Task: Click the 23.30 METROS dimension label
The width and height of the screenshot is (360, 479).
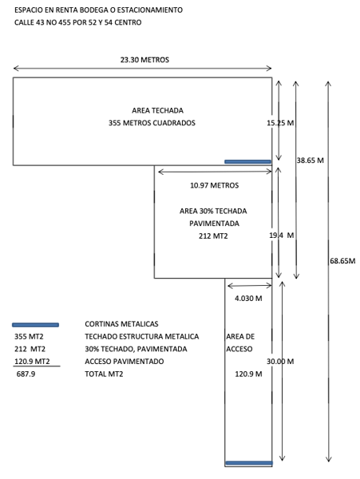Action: [144, 60]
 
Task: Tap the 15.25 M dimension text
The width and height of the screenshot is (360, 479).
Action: [280, 123]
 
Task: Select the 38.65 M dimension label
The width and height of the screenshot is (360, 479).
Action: [310, 160]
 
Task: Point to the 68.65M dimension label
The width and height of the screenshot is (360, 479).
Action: [342, 261]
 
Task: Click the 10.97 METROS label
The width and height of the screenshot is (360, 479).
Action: [215, 185]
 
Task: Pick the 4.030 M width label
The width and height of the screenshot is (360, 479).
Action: [248, 299]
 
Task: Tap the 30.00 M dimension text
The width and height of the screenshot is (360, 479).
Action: [280, 362]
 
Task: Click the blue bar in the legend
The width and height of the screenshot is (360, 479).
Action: [35, 325]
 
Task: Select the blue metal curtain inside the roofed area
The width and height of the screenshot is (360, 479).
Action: [248, 161]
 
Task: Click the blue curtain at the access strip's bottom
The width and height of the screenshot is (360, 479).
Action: [249, 463]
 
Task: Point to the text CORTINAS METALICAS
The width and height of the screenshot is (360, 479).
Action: [121, 324]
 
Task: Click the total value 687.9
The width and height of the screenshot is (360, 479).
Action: [26, 374]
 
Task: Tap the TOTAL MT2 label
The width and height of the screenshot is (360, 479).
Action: [104, 374]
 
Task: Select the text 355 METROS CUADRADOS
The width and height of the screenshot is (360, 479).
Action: [152, 123]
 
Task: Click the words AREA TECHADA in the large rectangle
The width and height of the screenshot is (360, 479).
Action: [157, 110]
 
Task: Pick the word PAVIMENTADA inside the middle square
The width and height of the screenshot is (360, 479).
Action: [215, 224]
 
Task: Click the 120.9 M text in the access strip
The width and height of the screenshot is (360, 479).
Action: [248, 374]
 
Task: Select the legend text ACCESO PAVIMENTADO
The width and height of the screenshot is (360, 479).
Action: [125, 362]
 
